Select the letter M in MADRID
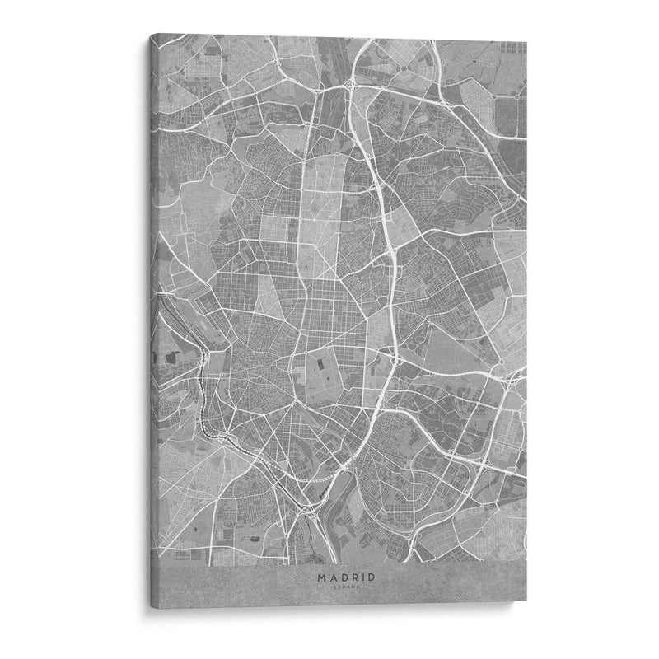coord(320,578)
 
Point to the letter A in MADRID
coord(331,578)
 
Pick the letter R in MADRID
coord(352,578)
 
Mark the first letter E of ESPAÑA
coord(334,588)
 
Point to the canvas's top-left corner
coord(150,35)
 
